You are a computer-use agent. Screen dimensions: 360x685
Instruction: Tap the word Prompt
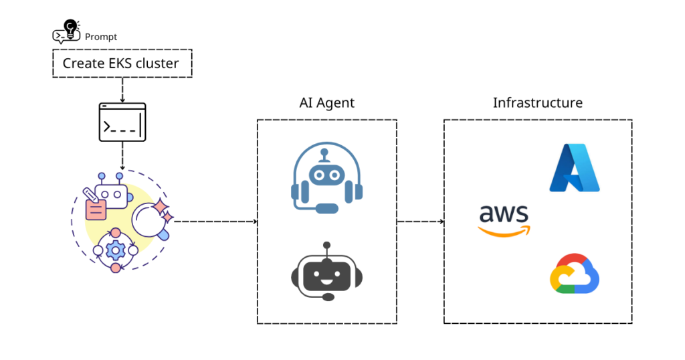coord(101,37)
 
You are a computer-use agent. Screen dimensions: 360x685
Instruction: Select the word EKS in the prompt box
coord(117,64)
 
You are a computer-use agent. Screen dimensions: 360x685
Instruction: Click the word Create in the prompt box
coord(84,64)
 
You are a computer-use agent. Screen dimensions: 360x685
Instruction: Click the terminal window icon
coord(122,122)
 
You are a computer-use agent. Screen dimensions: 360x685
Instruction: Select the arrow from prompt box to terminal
coord(122,90)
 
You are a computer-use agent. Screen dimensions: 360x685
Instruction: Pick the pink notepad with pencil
coord(95,206)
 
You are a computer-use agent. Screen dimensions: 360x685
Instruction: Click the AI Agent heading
coord(326,103)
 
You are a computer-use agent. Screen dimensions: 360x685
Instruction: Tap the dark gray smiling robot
coord(326,273)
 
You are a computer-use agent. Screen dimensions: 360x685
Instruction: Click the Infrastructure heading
coord(537,103)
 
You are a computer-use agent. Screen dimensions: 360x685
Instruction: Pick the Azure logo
coord(574,167)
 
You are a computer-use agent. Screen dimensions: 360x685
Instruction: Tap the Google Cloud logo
coord(574,274)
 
